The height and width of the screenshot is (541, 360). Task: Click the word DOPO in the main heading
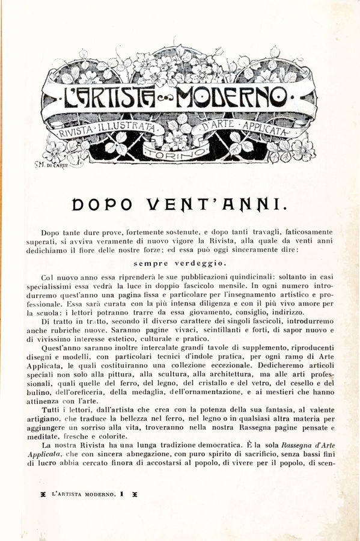click(x=99, y=204)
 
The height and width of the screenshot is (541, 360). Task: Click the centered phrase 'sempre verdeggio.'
click(x=180, y=263)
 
